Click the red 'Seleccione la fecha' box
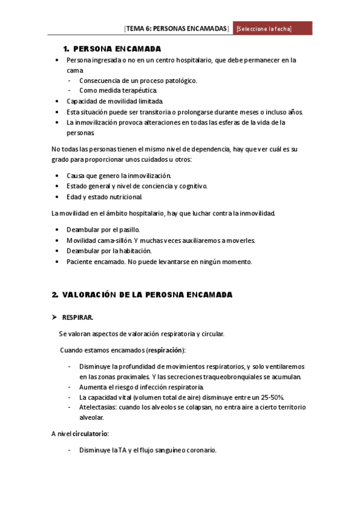pos(273,29)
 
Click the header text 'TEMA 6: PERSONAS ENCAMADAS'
pos(177,29)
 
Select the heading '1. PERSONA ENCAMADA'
pos(112,48)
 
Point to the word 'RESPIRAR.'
pos(78,317)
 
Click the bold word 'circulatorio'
pos(90,434)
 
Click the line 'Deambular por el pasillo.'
pos(103,230)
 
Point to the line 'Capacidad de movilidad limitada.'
pos(114,101)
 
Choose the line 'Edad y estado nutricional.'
pos(105,197)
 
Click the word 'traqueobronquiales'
pos(231,376)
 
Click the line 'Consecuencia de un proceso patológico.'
pos(138,80)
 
